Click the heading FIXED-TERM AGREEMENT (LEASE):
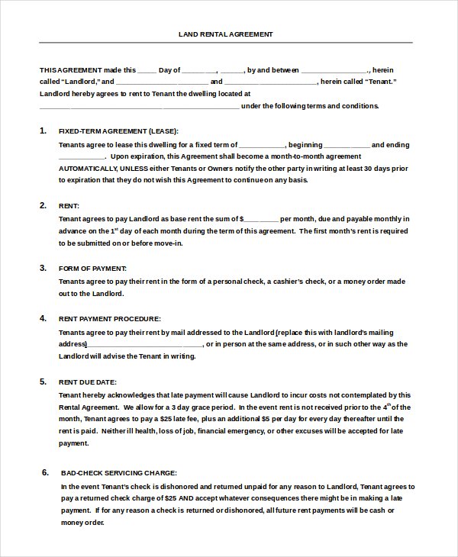coord(118,131)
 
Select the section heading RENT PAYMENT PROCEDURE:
coord(109,318)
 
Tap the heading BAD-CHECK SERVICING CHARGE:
coord(118,473)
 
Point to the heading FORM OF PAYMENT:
coord(92,269)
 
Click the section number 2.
coord(43,205)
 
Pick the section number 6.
coord(45,472)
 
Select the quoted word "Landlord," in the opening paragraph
coord(76,82)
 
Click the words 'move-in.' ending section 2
coord(169,243)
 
